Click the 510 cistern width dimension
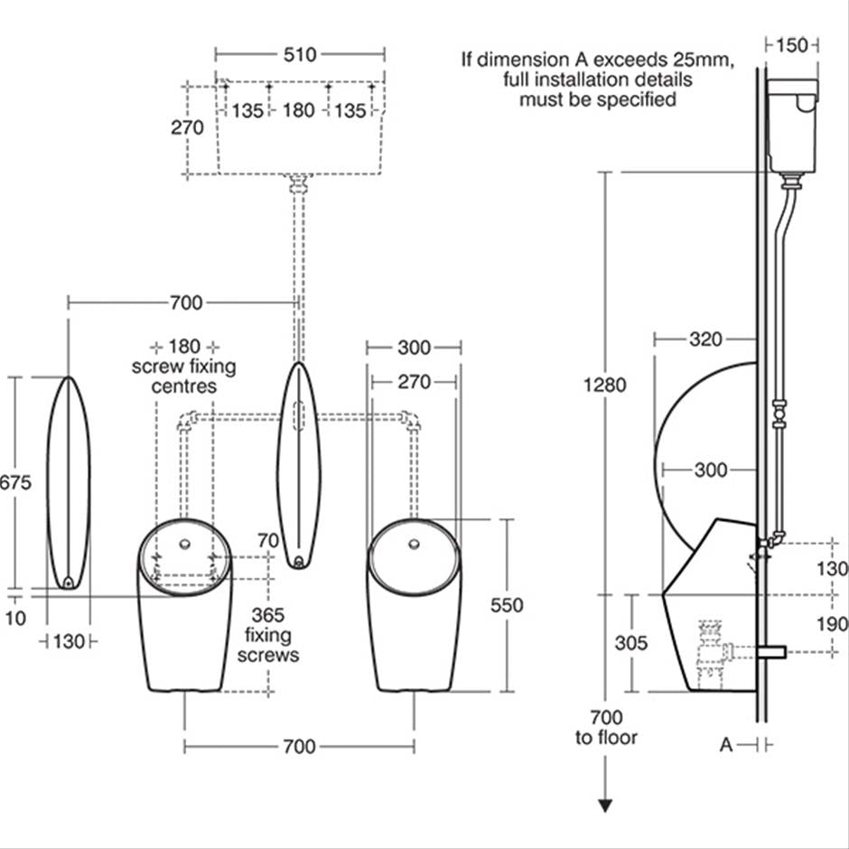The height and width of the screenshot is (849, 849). [300, 54]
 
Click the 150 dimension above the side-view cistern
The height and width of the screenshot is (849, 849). [792, 44]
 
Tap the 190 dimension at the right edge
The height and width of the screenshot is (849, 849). [835, 623]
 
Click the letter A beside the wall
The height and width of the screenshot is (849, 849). [725, 744]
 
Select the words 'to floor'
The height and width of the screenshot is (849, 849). [606, 738]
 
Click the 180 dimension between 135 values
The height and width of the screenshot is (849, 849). [299, 110]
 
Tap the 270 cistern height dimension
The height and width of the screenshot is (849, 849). [188, 127]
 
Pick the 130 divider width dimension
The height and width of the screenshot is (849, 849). [70, 641]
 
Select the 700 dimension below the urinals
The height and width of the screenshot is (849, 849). [299, 746]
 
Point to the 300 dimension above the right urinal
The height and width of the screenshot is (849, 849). [414, 348]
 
